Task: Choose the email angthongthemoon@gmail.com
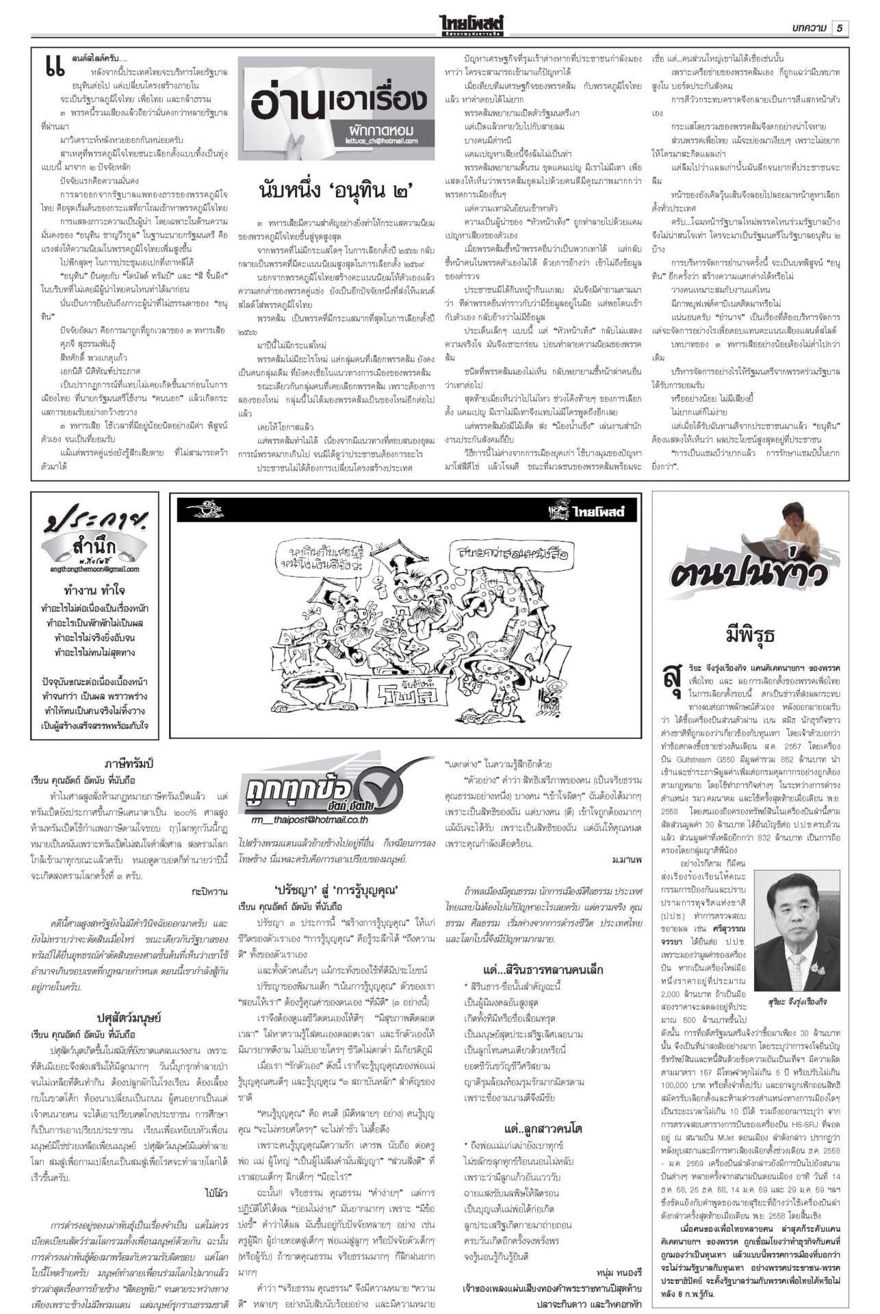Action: point(94,569)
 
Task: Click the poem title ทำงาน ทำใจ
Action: point(94,590)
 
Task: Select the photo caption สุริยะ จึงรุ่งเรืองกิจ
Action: point(796,1001)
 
